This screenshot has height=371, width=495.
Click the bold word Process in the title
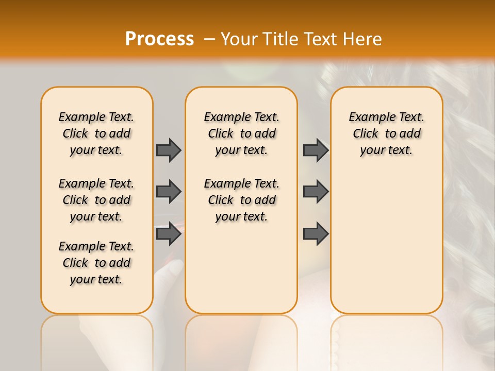click(x=159, y=39)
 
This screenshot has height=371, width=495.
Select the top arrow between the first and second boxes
click(x=169, y=150)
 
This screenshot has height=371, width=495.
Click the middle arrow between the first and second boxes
click(x=169, y=192)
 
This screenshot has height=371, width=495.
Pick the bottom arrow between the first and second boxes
click(x=169, y=234)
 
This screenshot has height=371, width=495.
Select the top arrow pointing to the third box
click(x=316, y=150)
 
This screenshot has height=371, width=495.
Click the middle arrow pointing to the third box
click(x=316, y=192)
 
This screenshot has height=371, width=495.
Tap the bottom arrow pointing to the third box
click(x=316, y=234)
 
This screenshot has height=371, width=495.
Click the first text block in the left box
click(x=96, y=133)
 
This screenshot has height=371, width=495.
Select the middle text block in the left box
click(x=96, y=200)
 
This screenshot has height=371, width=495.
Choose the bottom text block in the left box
click(x=96, y=263)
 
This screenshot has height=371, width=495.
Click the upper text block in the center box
click(x=241, y=133)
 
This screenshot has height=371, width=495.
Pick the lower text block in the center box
click(x=241, y=200)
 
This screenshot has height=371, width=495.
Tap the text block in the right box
click(x=386, y=133)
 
